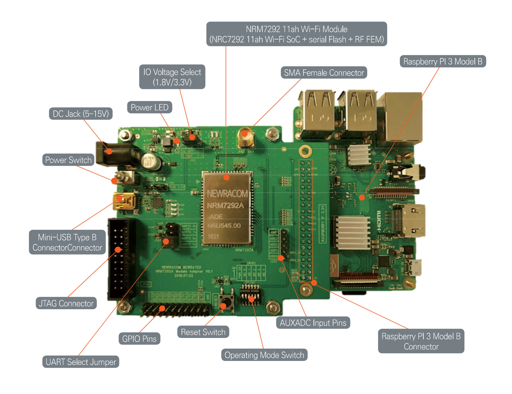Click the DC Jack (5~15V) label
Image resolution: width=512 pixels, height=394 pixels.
(x=81, y=114)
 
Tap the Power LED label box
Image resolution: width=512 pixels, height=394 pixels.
(x=149, y=107)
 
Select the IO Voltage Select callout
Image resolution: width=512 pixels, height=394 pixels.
(x=172, y=77)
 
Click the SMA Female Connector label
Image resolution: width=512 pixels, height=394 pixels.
(x=324, y=73)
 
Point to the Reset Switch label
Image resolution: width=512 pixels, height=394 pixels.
(x=203, y=332)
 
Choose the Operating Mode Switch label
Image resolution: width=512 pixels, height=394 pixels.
(x=264, y=355)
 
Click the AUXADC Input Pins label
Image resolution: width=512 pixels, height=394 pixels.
(x=313, y=323)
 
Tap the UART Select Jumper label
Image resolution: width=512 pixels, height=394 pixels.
(x=81, y=362)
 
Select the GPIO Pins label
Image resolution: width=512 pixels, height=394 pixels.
(x=139, y=339)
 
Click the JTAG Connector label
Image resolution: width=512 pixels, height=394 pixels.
(x=66, y=303)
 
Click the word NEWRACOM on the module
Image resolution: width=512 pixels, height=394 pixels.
(x=227, y=194)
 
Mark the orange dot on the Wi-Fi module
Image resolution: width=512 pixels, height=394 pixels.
(x=226, y=177)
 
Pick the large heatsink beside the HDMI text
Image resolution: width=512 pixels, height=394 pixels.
(x=352, y=232)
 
